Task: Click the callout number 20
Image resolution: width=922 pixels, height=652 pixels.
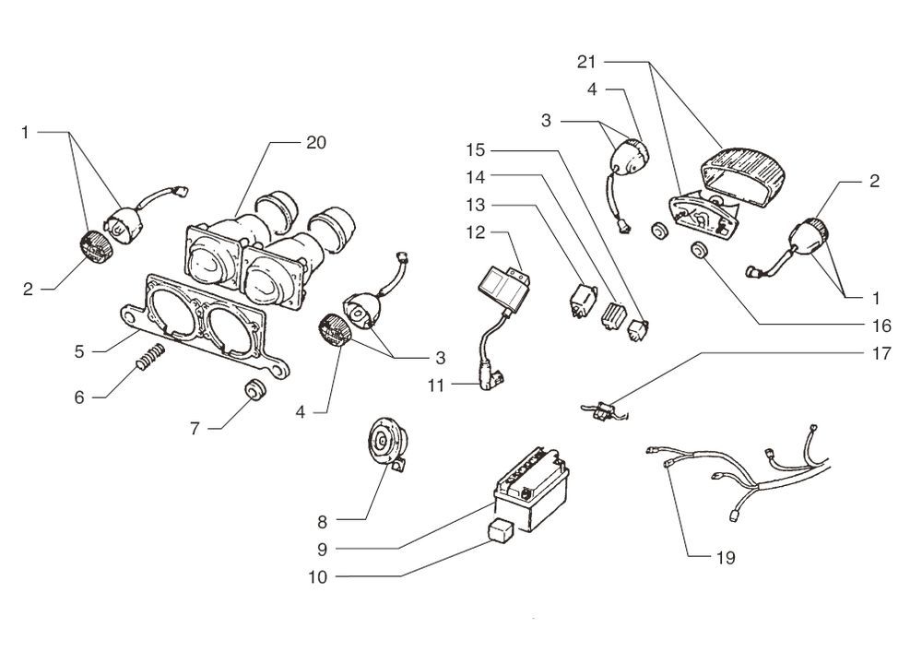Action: point(315,142)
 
